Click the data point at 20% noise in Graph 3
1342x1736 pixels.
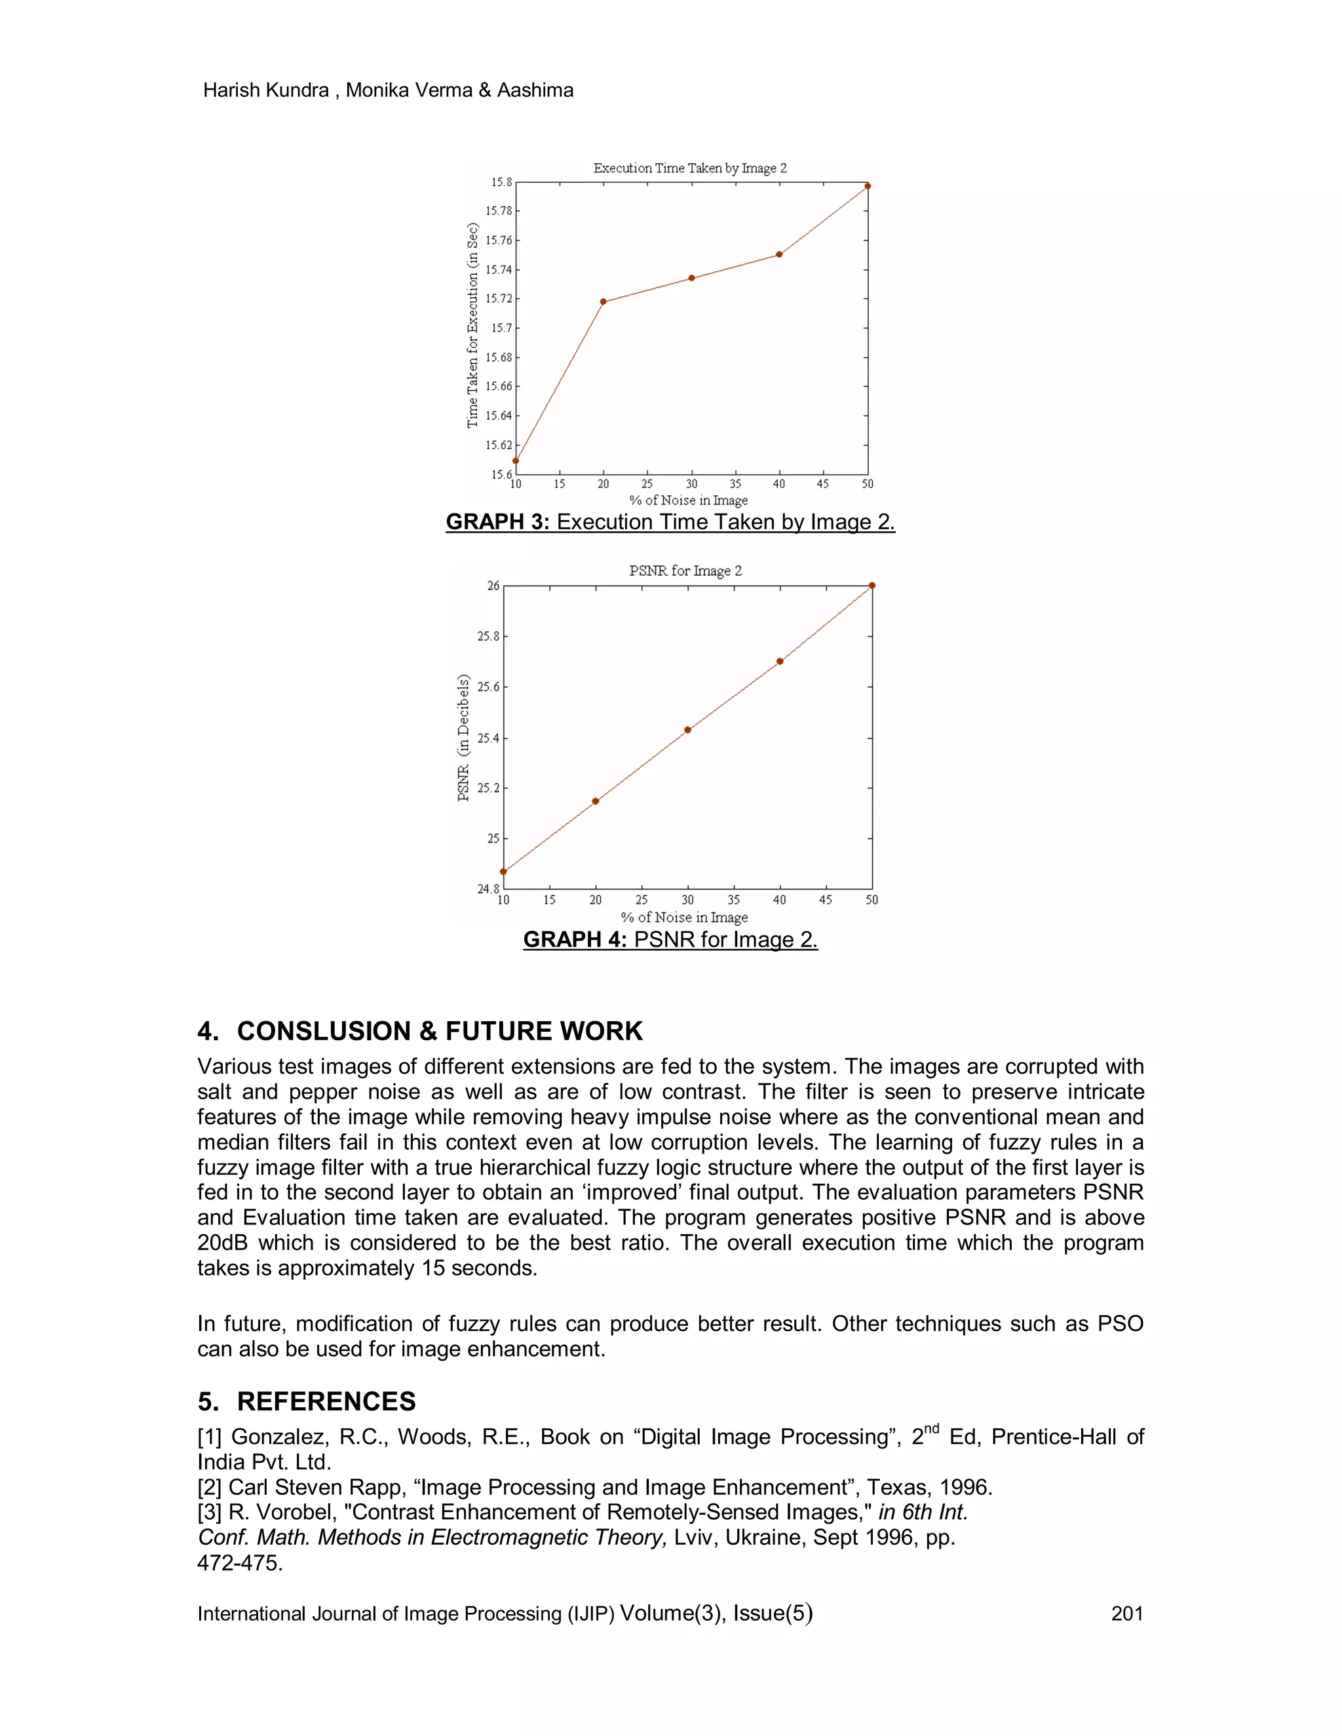604,301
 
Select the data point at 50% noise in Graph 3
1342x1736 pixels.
868,186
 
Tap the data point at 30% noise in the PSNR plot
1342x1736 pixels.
687,730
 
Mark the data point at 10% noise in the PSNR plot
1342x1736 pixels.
503,871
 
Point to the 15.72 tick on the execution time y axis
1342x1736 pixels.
499,299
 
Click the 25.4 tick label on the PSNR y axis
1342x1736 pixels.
488,738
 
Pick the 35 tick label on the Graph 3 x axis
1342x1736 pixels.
735,484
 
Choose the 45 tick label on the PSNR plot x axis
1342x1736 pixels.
825,900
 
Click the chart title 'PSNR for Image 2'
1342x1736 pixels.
685,571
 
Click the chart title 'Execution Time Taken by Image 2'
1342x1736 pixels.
690,168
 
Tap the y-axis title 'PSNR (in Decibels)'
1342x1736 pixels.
463,738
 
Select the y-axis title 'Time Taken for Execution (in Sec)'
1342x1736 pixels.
473,325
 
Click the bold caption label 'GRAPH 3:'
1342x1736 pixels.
498,522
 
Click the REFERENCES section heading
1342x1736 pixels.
326,1401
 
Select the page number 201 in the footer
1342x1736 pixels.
1126,1613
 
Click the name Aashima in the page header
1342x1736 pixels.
535,90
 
